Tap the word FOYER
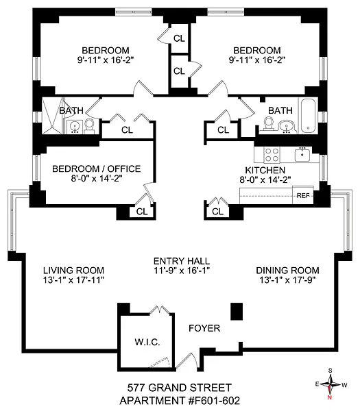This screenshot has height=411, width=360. point(204,329)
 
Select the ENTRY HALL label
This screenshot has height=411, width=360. point(181,261)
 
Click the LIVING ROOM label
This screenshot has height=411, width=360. point(68,270)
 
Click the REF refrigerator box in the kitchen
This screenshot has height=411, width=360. point(303,195)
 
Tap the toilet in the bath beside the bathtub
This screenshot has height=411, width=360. point(269,123)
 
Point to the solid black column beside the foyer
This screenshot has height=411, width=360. point(237,312)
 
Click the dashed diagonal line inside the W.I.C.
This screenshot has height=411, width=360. point(158,360)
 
